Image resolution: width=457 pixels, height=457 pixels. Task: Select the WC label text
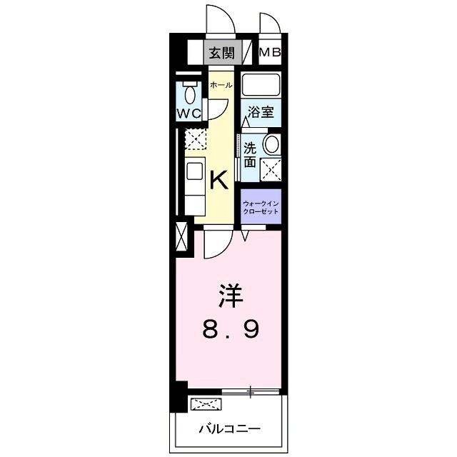(x=189, y=112)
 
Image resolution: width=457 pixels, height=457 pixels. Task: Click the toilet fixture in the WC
(x=190, y=94)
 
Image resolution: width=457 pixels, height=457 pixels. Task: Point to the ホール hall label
(x=221, y=85)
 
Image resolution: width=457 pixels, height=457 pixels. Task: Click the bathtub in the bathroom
(x=261, y=86)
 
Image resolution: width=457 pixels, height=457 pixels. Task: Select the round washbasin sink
(x=272, y=144)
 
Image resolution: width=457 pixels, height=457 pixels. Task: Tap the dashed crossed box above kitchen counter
(x=195, y=139)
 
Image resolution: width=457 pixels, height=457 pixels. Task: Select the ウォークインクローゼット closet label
(x=261, y=206)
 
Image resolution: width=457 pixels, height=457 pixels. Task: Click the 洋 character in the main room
(x=228, y=294)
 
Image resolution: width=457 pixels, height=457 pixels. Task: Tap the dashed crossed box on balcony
(x=205, y=405)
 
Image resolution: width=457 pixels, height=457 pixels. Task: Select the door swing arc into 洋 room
(x=216, y=246)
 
